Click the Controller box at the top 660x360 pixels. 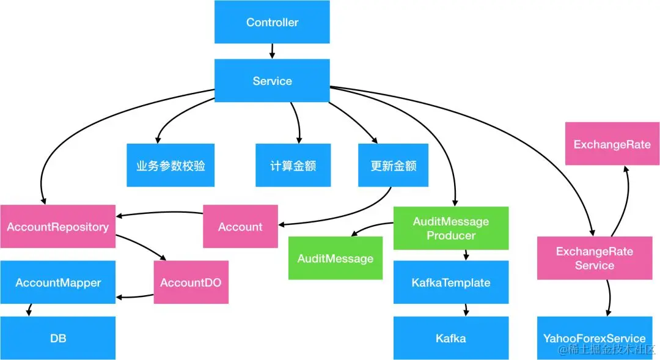click(272, 22)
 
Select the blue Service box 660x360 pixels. click(272, 81)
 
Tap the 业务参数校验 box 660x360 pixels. click(170, 165)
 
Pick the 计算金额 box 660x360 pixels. click(293, 165)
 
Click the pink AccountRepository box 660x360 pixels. click(57, 227)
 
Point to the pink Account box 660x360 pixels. click(240, 227)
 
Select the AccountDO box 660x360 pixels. click(191, 282)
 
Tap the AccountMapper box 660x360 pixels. click(57, 282)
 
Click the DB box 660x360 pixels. click(57, 338)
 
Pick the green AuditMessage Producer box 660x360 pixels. click(450, 228)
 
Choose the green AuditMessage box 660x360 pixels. click(335, 259)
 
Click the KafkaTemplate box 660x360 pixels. click(450, 282)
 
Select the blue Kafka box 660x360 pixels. click(450, 338)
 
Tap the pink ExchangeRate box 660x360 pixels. click(612, 144)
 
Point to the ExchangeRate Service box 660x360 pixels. click(594, 258)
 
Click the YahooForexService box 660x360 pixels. click(594, 338)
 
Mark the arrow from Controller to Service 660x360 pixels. click(272, 51)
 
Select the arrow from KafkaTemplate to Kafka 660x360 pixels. click(467, 310)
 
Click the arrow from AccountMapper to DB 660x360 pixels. click(28, 310)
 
